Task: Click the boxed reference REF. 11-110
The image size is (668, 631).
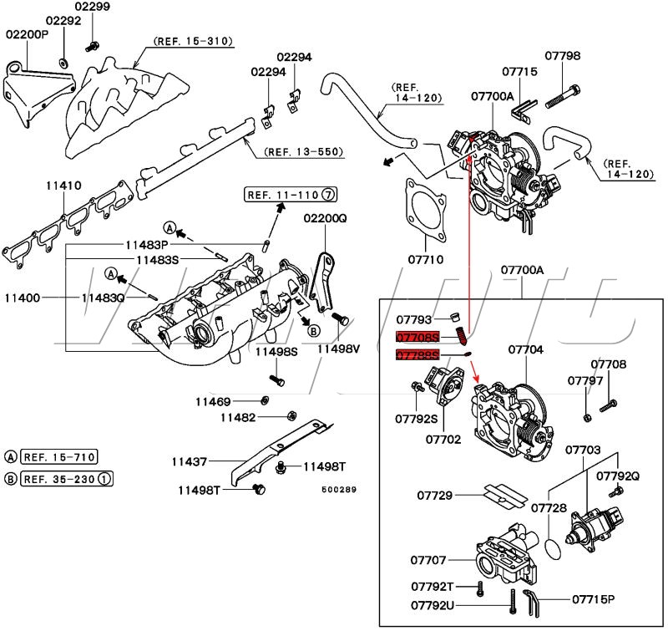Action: pos(284,196)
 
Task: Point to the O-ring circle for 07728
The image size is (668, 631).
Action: pos(547,549)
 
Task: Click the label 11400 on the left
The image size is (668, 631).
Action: pos(22,297)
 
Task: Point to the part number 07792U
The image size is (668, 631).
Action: pos(433,604)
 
